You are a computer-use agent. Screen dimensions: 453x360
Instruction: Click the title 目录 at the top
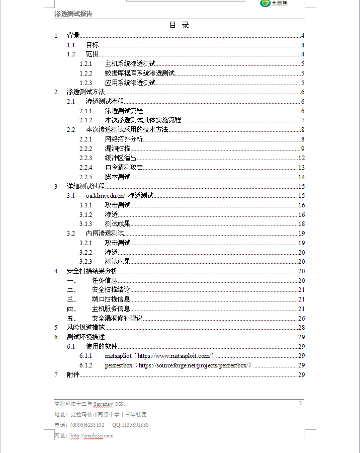179,25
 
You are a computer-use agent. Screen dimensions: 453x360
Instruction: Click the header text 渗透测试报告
73,14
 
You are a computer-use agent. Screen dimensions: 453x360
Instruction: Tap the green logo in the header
265,3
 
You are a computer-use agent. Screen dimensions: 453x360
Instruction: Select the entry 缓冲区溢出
120,158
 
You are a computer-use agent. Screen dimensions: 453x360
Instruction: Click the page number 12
302,158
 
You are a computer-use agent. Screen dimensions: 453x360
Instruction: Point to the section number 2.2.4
86,168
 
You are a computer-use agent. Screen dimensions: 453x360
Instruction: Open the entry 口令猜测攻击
124,168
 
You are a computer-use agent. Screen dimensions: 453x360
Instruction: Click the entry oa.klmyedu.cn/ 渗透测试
120,196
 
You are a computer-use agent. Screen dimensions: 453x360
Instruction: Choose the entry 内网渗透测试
105,234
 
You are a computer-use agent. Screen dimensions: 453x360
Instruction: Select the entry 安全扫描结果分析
92,271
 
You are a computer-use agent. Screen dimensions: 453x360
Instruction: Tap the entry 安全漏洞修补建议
117,319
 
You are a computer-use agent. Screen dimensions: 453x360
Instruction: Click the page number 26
302,319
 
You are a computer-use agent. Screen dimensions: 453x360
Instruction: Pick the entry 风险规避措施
86,328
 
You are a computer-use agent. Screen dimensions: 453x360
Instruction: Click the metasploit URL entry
161,356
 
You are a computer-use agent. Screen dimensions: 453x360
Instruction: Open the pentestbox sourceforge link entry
178,365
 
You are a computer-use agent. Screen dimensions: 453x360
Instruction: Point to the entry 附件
73,375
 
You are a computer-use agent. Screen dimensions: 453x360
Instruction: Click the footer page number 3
300,403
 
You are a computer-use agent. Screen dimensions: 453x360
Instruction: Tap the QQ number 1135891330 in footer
130,425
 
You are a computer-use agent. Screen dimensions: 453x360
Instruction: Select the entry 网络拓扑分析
124,139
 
